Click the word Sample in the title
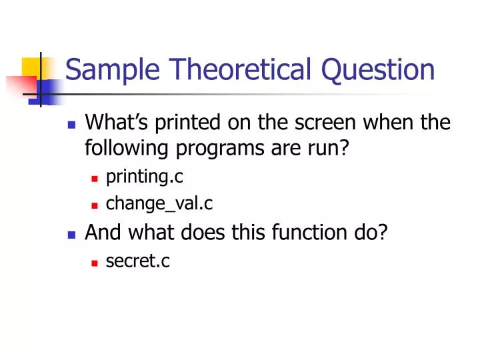click(106, 69)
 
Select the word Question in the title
click(378, 69)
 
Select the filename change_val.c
click(159, 203)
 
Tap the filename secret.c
click(138, 261)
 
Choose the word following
click(127, 147)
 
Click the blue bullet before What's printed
click(72, 125)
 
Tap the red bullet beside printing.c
click(95, 178)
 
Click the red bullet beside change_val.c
click(95, 205)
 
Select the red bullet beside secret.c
click(95, 263)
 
